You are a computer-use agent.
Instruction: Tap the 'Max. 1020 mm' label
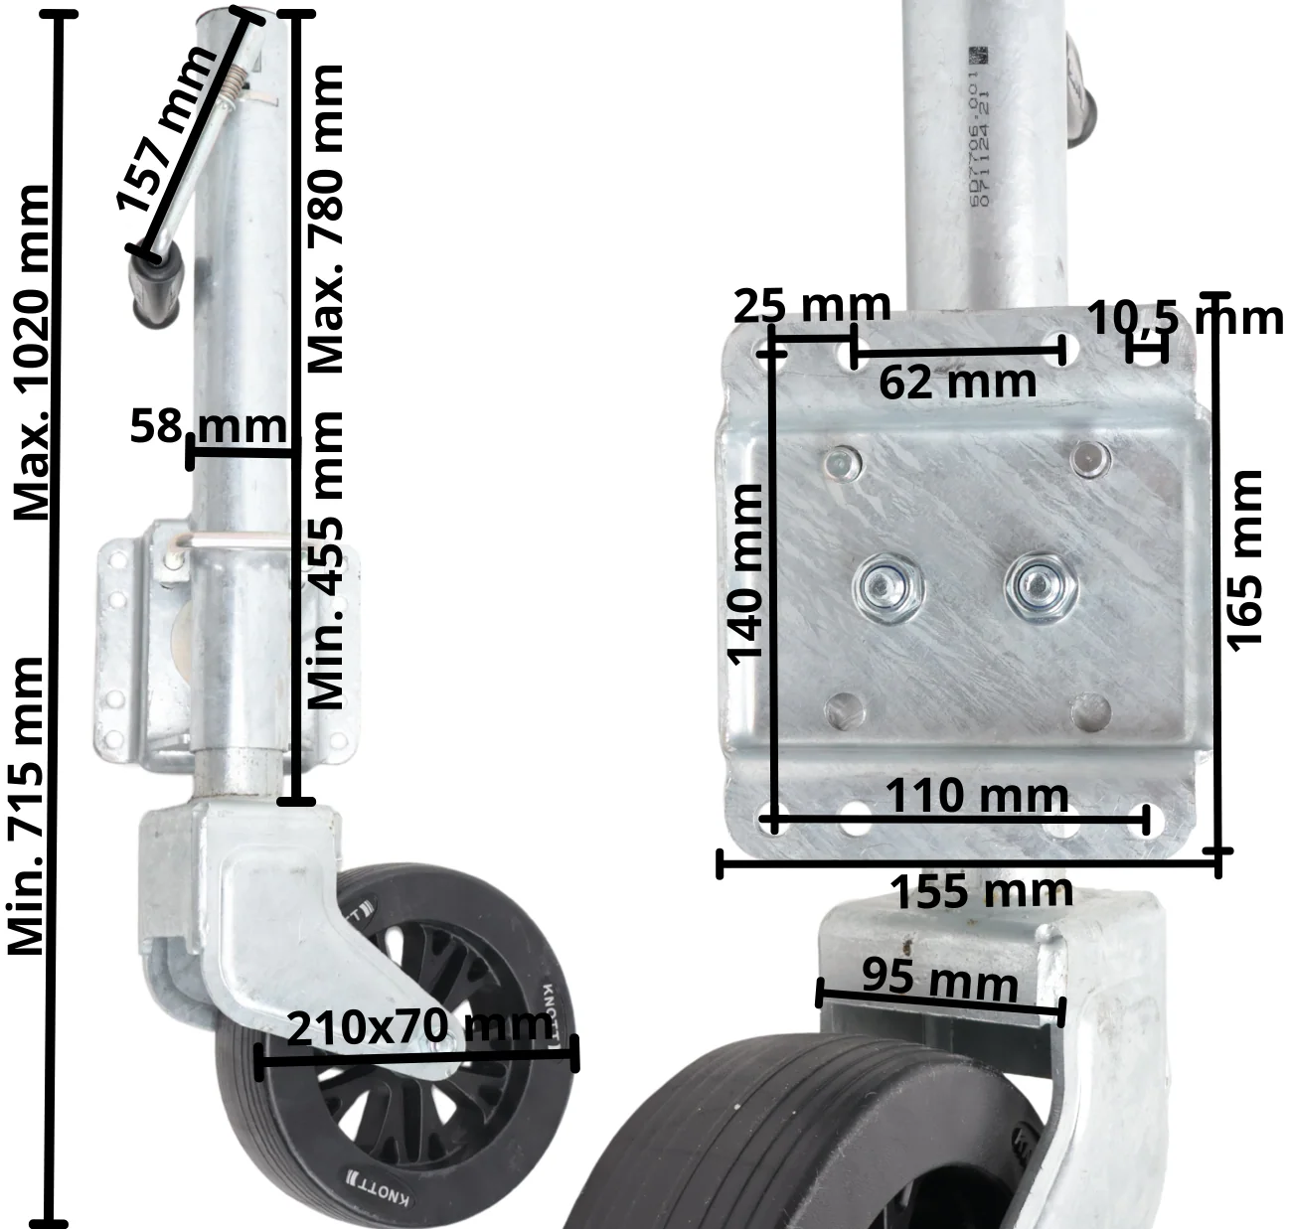(x=32, y=353)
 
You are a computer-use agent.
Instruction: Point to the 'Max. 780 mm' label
(x=325, y=219)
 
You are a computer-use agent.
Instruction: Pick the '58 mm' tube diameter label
(x=208, y=426)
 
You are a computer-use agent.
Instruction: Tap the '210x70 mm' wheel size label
(x=418, y=1026)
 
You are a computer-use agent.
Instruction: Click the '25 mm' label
(x=811, y=306)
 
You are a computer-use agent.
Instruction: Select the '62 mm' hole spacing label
(x=957, y=382)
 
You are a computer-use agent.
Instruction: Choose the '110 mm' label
(x=976, y=796)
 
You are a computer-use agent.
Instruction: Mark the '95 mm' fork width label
(x=939, y=979)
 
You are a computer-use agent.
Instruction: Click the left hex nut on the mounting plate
(x=888, y=587)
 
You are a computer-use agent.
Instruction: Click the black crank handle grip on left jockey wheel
(x=157, y=286)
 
